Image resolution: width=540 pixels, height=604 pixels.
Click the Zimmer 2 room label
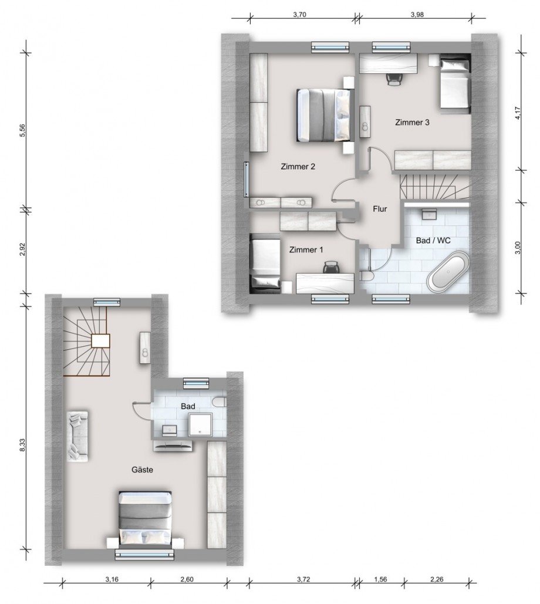(x=298, y=167)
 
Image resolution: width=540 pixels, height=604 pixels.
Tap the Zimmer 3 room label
(x=412, y=123)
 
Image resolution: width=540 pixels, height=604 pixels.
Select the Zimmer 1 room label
(x=306, y=250)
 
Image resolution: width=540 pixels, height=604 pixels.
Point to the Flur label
(x=380, y=209)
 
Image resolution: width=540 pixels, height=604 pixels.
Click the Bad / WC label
(x=433, y=241)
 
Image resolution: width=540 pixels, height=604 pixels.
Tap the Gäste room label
(x=143, y=470)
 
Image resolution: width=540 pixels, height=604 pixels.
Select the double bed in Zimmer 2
(x=325, y=116)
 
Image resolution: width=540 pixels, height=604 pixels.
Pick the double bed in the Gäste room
(x=145, y=519)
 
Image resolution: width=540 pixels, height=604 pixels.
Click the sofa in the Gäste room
(x=79, y=436)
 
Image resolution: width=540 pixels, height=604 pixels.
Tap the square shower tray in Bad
(x=200, y=425)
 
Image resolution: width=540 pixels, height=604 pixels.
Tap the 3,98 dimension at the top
(x=417, y=15)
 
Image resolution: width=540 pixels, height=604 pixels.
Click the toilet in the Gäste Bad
(x=218, y=401)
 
